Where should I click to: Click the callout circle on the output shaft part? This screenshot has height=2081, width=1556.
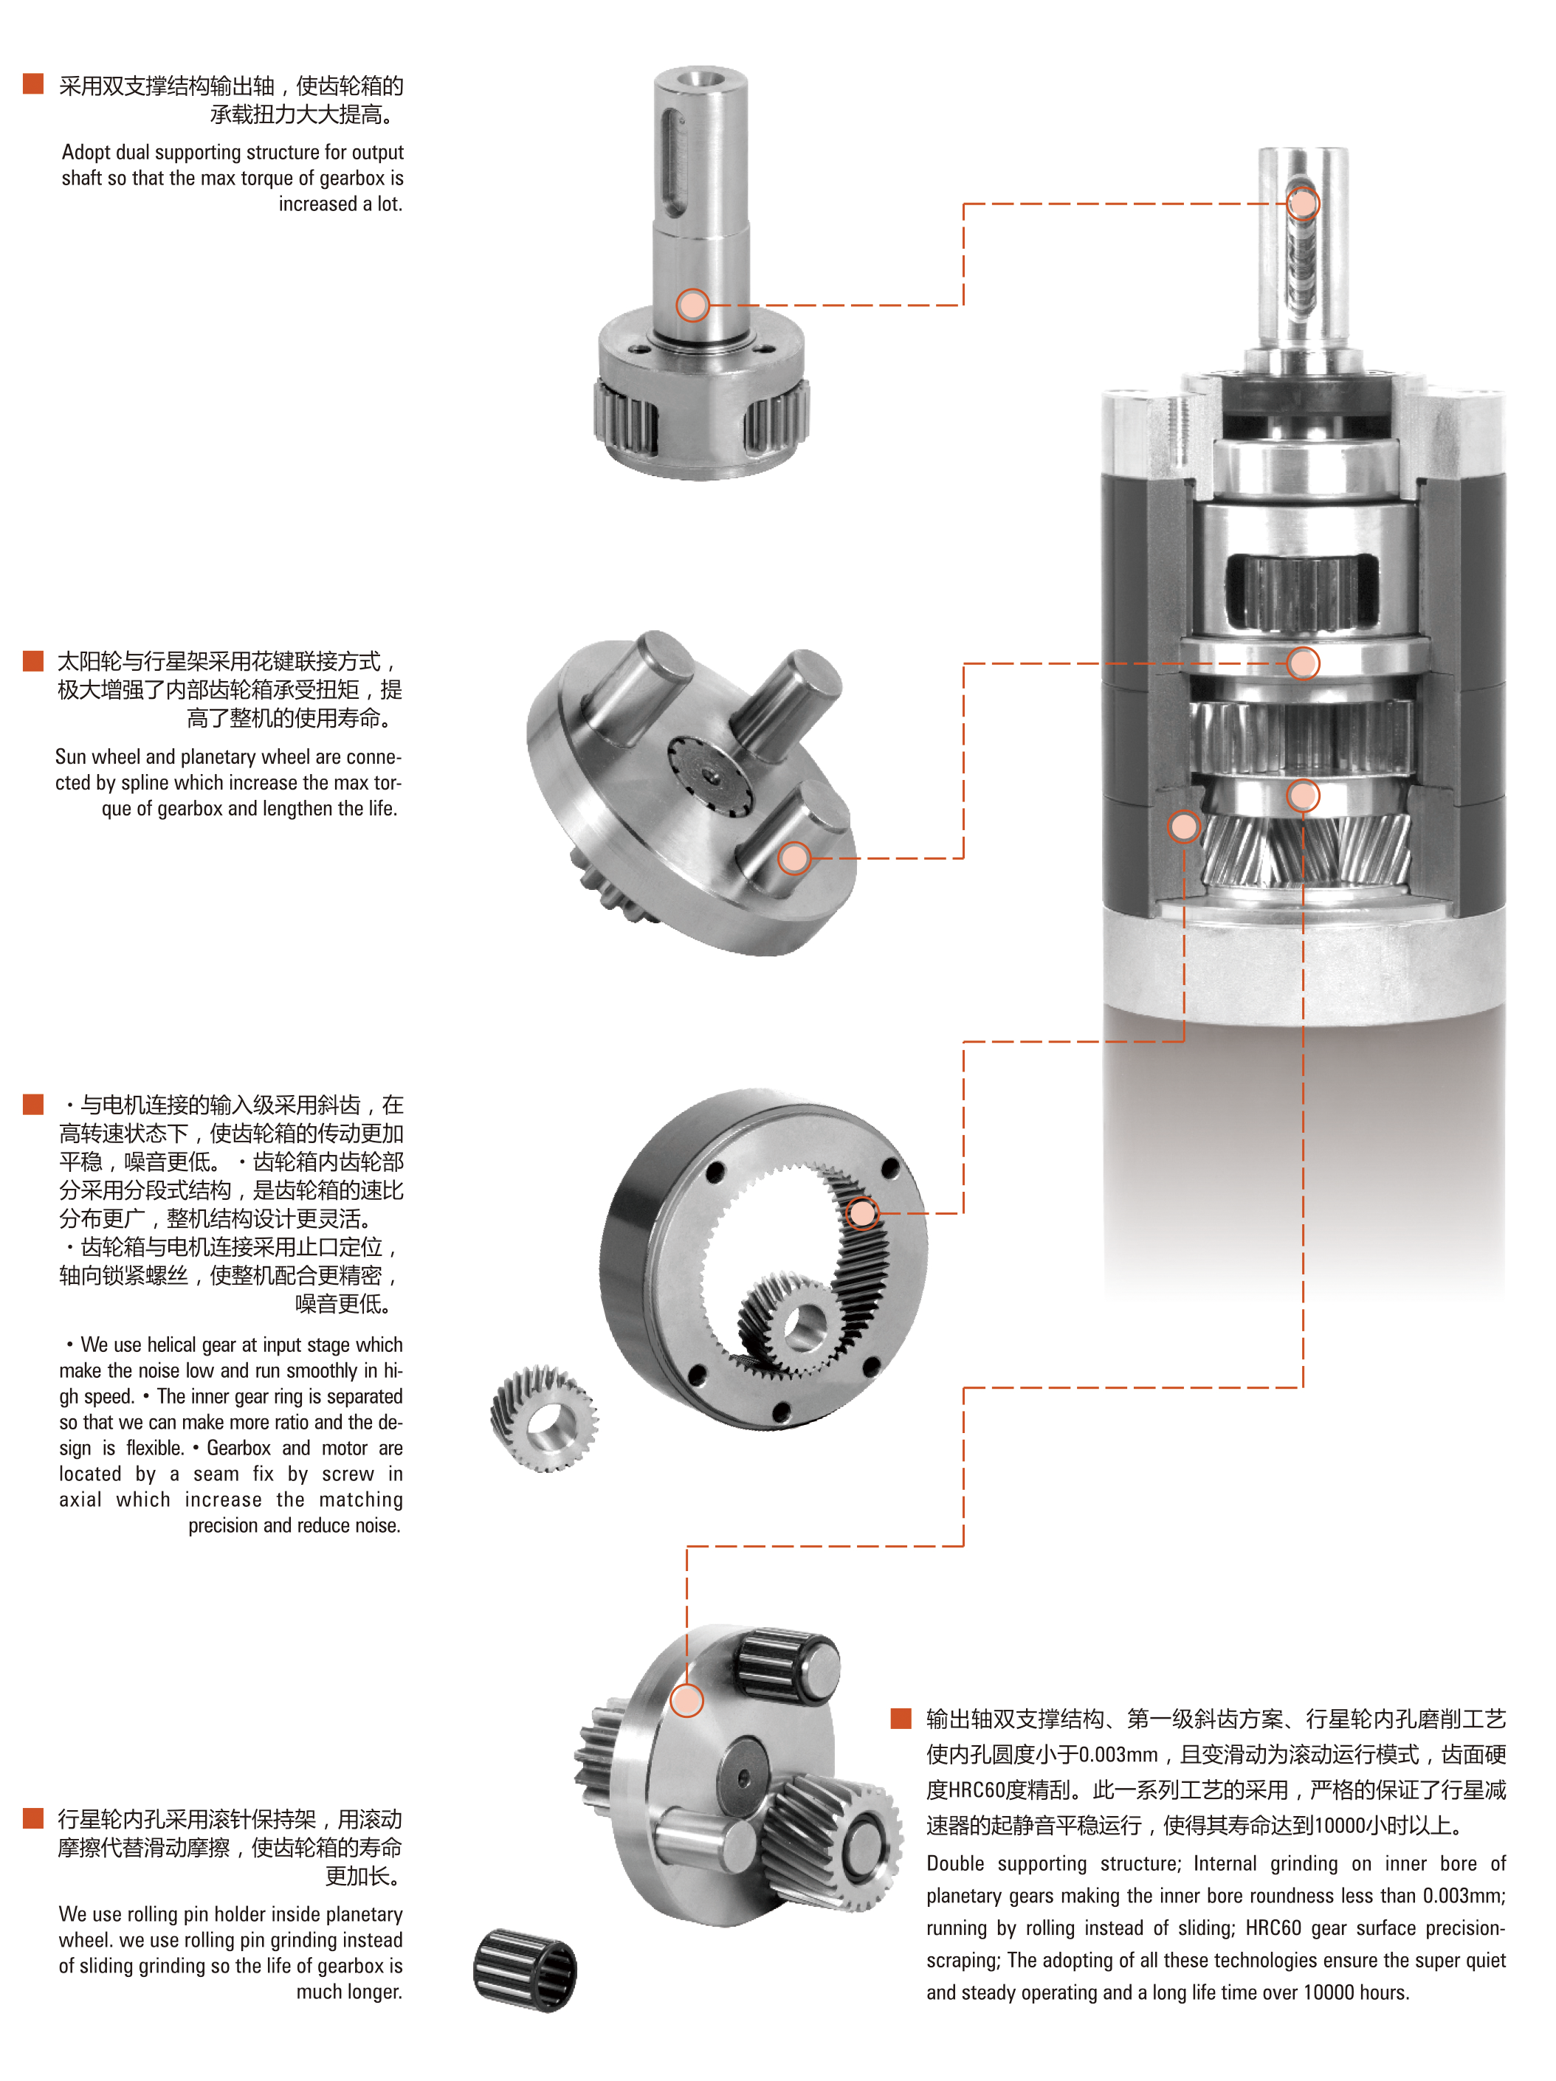[692, 305]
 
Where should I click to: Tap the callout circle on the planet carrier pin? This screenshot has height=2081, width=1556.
[795, 858]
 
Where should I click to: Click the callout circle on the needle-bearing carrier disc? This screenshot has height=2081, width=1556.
[686, 1701]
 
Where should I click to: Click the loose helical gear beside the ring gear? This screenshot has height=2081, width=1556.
[545, 1418]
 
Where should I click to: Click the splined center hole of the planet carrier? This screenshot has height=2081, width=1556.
[712, 777]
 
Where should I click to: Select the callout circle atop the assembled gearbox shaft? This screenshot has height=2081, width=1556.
[1303, 203]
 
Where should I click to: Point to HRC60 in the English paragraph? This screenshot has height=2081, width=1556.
[1273, 1928]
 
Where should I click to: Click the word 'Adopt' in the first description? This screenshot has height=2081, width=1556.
[86, 153]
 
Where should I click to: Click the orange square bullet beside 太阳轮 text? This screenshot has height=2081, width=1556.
[33, 660]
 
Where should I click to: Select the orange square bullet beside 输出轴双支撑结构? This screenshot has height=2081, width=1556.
[901, 1719]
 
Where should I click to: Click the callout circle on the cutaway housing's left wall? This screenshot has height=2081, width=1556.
[1183, 827]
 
